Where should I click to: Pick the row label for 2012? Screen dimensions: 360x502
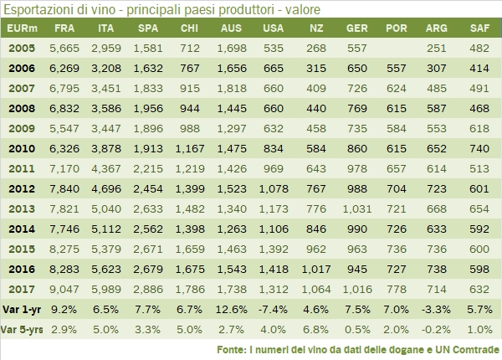pos(21,188)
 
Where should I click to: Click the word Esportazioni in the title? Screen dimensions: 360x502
pos(39,9)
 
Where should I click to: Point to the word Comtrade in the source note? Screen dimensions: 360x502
pos(472,348)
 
